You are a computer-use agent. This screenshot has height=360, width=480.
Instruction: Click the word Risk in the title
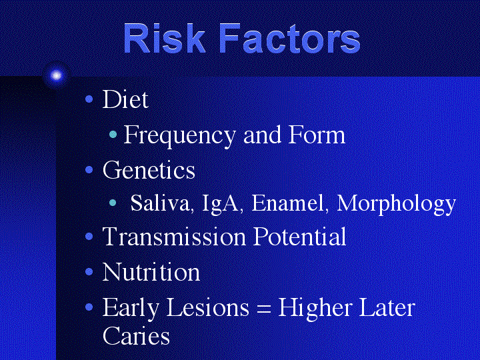pyautogui.click(x=165, y=39)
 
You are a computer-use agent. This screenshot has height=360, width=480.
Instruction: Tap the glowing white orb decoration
pyautogui.click(x=56, y=75)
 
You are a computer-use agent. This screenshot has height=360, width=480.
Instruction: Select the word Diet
pyautogui.click(x=125, y=99)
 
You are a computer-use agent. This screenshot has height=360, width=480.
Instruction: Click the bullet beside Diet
pyautogui.click(x=89, y=99)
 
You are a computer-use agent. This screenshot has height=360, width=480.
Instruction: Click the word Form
pyautogui.click(x=317, y=135)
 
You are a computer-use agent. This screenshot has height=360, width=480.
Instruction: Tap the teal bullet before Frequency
pyautogui.click(x=113, y=134)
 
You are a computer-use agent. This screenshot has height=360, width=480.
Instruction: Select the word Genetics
pyautogui.click(x=149, y=169)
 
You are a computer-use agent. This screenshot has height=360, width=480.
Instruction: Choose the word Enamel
pyautogui.click(x=287, y=203)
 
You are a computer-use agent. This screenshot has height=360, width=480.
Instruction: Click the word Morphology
pyautogui.click(x=396, y=204)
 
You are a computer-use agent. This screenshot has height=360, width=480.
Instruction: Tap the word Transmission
pyautogui.click(x=174, y=236)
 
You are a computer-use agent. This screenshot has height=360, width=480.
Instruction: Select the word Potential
pyautogui.click(x=300, y=236)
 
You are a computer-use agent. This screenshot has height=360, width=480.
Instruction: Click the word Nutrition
pyautogui.click(x=151, y=272)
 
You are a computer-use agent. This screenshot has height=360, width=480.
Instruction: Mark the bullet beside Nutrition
pyautogui.click(x=89, y=271)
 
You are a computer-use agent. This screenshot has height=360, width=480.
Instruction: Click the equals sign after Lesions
pyautogui.click(x=264, y=308)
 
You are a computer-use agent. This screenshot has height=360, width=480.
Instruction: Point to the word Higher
pyautogui.click(x=315, y=308)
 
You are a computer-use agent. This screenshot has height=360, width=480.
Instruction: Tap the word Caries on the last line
pyautogui.click(x=136, y=335)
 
